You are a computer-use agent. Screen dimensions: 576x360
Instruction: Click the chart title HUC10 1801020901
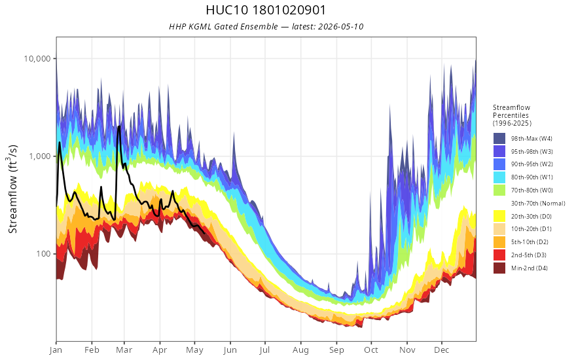click(266, 10)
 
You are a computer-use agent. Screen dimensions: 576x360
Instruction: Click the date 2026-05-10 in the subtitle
click(341, 26)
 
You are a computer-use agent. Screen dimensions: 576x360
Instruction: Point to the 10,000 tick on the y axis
click(37, 59)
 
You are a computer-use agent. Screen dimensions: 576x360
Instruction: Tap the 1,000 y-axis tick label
click(40, 156)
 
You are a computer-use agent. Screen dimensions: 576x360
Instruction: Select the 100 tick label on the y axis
click(44, 254)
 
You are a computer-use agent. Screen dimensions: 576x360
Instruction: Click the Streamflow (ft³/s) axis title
click(12, 189)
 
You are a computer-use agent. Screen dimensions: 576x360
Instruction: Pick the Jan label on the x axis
click(56, 350)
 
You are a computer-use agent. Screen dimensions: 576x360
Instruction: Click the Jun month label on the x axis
click(230, 350)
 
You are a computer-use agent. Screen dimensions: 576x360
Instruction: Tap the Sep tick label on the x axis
click(336, 350)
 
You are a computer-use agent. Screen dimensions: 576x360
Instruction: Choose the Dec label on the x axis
click(442, 350)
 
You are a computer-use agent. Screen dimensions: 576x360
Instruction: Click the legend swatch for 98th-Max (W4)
click(499, 139)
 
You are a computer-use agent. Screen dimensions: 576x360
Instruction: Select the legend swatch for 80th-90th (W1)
click(499, 177)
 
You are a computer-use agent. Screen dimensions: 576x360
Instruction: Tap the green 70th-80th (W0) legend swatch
click(499, 190)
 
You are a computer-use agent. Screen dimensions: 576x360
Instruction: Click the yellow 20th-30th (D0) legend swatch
click(499, 216)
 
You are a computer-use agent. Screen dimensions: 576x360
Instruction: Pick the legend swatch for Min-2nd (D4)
click(499, 268)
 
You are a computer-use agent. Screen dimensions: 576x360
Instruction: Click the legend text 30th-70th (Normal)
click(538, 203)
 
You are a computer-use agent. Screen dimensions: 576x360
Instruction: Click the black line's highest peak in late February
click(119, 127)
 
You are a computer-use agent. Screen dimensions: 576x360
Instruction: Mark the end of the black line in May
click(204, 233)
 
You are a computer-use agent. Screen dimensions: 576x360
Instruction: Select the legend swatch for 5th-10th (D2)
click(499, 242)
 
